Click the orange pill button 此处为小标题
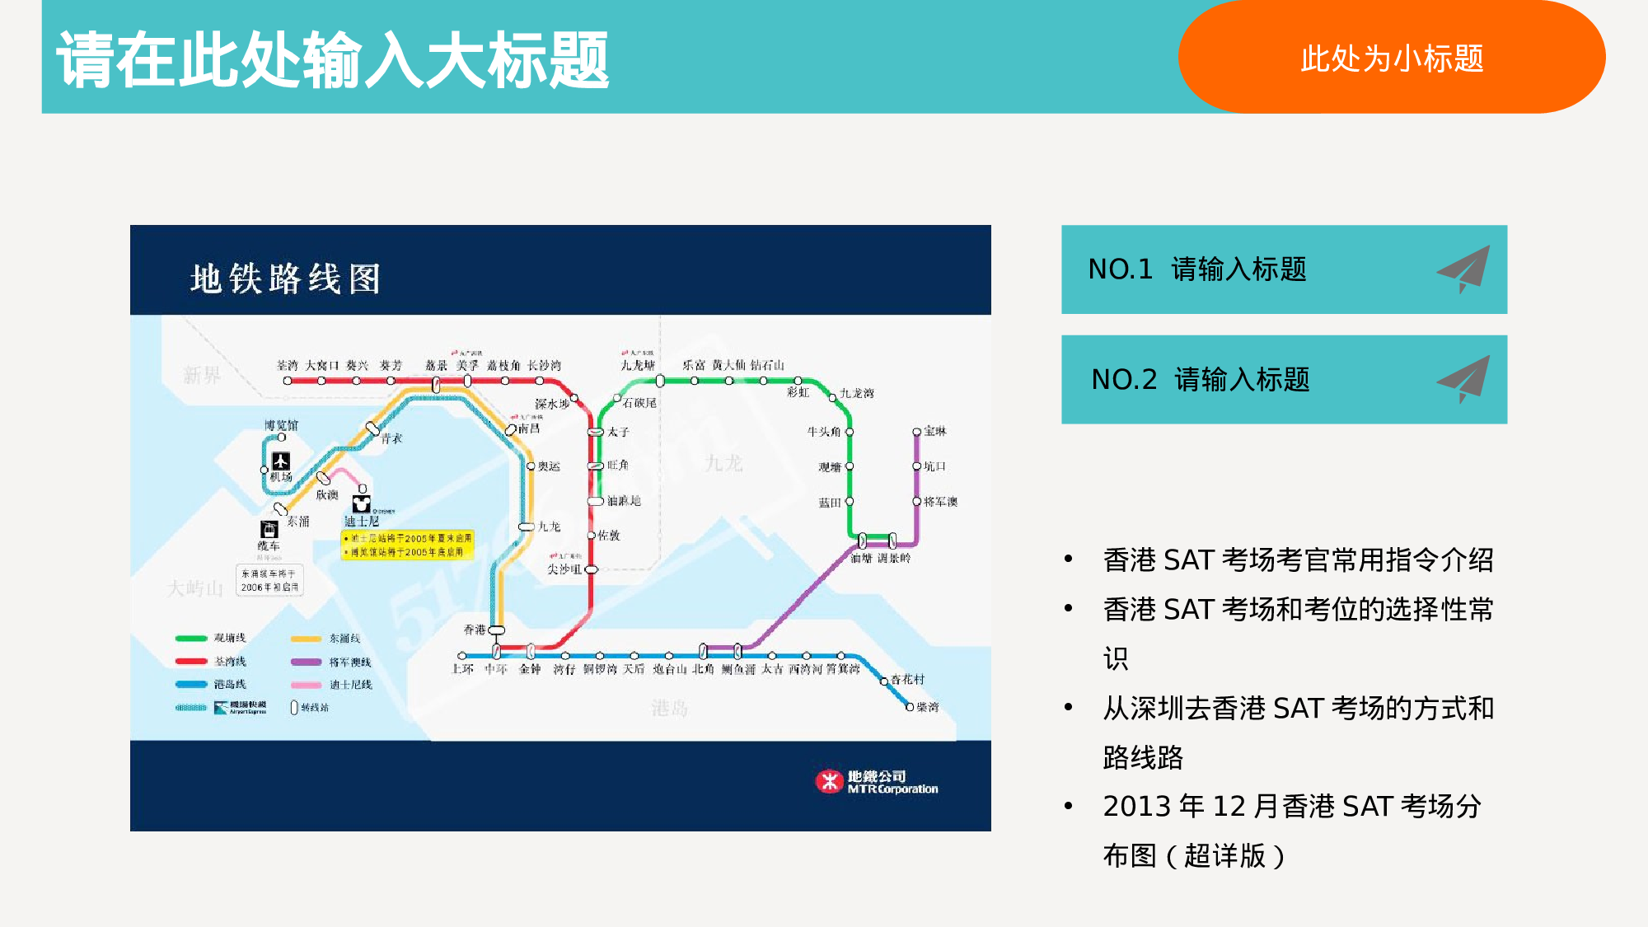point(1391,58)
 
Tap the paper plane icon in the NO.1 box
point(1465,269)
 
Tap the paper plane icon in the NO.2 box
point(1465,379)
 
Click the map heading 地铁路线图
point(285,279)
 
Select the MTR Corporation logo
point(876,781)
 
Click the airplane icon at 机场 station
point(281,461)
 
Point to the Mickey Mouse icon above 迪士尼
point(362,503)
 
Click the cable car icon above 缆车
point(269,529)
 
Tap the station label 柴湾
point(928,707)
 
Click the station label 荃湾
point(287,365)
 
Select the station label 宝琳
point(935,431)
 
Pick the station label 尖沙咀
point(564,569)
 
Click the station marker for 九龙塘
point(660,381)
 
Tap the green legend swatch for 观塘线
point(191,638)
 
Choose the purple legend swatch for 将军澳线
point(306,662)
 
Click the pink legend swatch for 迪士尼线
point(306,685)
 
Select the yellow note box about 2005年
point(408,545)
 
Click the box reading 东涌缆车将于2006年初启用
point(269,580)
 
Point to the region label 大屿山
point(195,588)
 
